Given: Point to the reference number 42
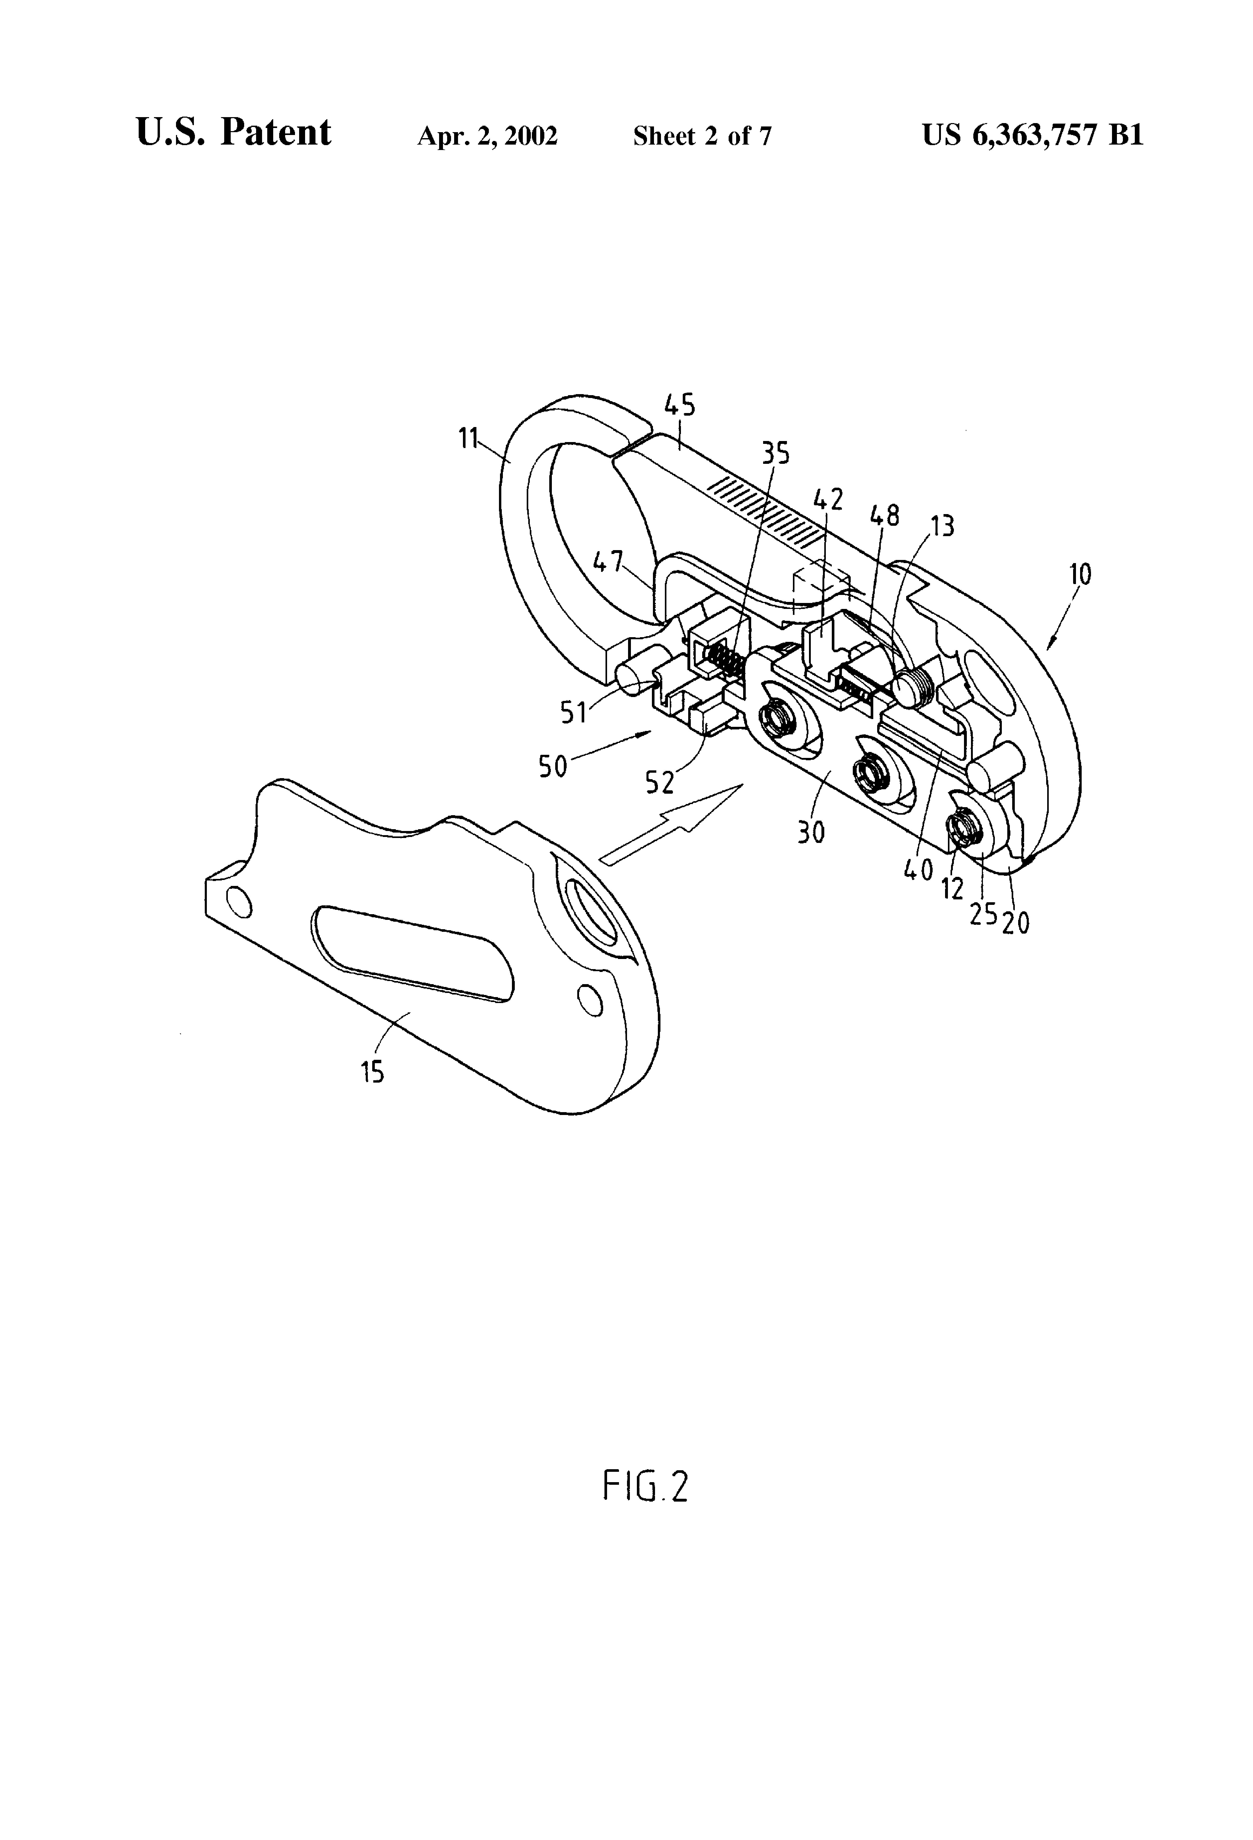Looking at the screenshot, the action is pos(828,500).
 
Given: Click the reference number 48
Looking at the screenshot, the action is pos(885,515).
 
